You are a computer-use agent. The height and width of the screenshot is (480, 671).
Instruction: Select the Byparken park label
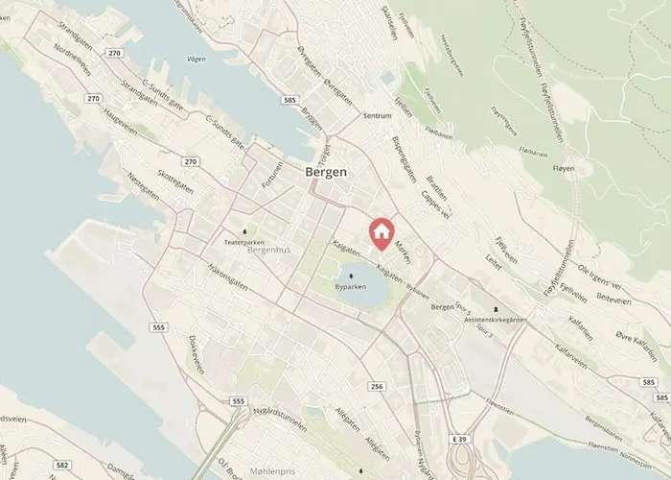(350, 287)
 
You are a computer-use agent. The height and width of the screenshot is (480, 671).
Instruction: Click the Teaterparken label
(243, 243)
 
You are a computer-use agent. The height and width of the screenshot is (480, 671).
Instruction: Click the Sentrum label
(378, 115)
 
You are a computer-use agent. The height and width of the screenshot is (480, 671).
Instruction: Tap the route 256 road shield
(377, 386)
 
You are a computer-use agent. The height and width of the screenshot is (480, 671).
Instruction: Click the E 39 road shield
(462, 439)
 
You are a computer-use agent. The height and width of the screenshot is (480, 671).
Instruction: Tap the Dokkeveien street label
(197, 356)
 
